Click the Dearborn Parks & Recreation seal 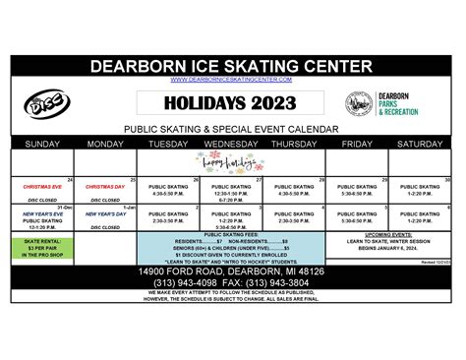(x=359, y=104)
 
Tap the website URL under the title (x=232, y=80)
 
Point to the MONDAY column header (x=105, y=143)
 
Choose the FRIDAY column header (x=357, y=143)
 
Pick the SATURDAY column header (x=421, y=143)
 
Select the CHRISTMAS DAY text (x=104, y=186)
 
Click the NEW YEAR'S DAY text (x=104, y=213)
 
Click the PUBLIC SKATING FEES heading (x=232, y=235)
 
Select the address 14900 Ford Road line (x=232, y=270)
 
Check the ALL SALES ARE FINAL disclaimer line (x=232, y=300)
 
